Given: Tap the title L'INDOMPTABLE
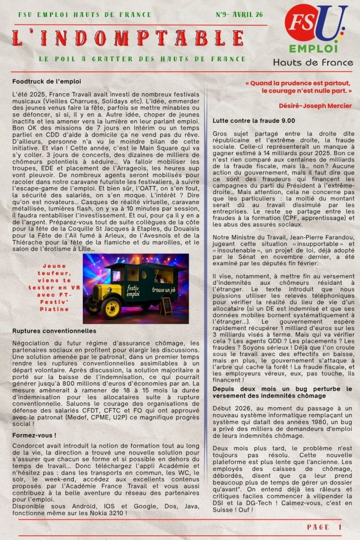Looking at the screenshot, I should pos(128,38).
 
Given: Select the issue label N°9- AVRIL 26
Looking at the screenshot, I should pos(240,15).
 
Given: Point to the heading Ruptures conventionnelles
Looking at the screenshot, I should pos(54,331).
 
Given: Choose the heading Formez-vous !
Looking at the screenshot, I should pos(34,435).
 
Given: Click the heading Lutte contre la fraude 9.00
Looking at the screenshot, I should pos(246,121).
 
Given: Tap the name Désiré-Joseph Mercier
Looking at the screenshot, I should pos(315,106).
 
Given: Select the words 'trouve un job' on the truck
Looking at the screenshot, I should pos(165,290).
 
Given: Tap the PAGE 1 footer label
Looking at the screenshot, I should pos(324,527).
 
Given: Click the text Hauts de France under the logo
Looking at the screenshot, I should pos(313,62).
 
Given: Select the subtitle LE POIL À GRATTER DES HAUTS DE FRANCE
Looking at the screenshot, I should pos(142,59).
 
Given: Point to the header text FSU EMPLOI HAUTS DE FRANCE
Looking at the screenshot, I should pos(85,15).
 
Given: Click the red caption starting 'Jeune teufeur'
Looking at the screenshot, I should pos(55,287).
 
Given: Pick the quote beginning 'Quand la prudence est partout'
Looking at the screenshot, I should pos(298,87).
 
